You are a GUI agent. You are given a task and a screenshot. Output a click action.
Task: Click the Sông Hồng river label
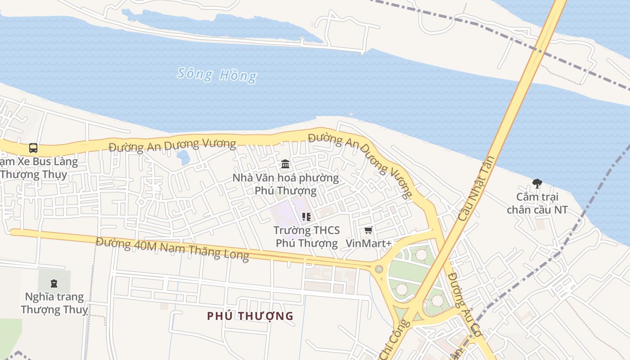pos(217,75)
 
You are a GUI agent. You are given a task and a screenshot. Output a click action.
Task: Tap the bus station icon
pos(33,148)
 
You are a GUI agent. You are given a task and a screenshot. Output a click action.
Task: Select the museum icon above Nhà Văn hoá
pos(285,164)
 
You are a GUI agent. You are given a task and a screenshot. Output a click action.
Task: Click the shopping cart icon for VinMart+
pos(369,230)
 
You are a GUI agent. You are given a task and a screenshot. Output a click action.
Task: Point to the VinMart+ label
pos(369,243)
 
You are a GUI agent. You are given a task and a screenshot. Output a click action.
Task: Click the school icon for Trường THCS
pos(306,217)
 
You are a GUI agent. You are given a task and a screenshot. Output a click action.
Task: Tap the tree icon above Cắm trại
pos(537,183)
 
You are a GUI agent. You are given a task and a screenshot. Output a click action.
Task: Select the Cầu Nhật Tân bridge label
pos(477,188)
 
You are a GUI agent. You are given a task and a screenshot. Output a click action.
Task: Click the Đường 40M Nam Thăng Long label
pos(172,248)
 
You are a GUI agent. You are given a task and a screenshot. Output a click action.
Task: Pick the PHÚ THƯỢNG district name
pos(250,316)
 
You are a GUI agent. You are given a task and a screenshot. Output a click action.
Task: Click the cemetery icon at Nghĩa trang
pos(54,283)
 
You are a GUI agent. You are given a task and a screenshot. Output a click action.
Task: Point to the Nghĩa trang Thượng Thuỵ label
pos(54,303)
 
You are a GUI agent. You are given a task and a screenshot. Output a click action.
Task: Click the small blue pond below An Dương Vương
pos(183,157)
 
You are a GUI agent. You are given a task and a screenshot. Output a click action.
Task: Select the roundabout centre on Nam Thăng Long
pos(379,269)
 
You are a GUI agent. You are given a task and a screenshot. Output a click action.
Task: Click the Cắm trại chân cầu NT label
pos(537,203)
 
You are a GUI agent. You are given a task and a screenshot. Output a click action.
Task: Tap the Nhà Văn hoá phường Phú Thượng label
pos(285,184)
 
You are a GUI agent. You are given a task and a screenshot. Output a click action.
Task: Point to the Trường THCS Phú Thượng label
pos(306,237)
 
